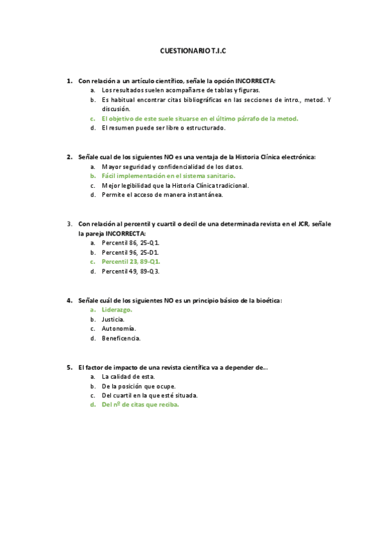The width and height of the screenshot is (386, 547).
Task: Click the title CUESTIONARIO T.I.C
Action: pyautogui.click(x=193, y=50)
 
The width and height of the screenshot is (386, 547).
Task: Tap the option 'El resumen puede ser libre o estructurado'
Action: pyautogui.click(x=164, y=128)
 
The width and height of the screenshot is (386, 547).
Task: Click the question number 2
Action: pyautogui.click(x=69, y=157)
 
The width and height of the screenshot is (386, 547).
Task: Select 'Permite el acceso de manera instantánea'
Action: pyautogui.click(x=162, y=194)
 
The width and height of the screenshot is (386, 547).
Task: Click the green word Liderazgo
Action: pyautogui.click(x=117, y=310)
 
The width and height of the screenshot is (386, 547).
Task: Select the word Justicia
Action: pyautogui.click(x=113, y=319)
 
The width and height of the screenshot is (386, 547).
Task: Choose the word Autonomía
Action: pyautogui.click(x=119, y=328)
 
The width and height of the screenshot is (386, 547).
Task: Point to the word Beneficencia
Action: pyautogui.click(x=121, y=338)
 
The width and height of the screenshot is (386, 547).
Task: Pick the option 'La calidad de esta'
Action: pyautogui.click(x=128, y=377)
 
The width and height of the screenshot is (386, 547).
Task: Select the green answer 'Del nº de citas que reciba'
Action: pyautogui.click(x=140, y=405)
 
